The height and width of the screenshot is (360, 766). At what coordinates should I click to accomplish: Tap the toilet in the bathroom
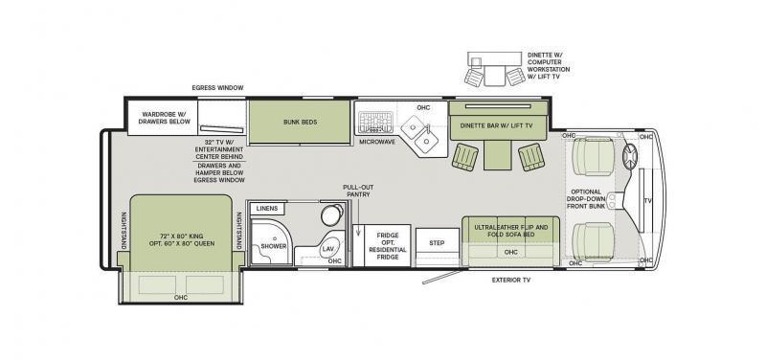[x=332, y=214]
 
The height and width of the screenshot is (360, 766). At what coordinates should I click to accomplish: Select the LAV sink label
[x=327, y=249]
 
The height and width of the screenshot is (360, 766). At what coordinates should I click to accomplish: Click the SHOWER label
[x=274, y=246]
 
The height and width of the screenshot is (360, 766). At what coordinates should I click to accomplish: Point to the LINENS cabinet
[x=267, y=209]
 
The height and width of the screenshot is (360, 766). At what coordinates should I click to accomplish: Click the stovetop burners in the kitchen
[x=375, y=123]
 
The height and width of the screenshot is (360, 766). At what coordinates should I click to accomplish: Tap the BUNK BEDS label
[x=301, y=122]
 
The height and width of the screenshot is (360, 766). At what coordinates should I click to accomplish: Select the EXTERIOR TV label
[x=511, y=281]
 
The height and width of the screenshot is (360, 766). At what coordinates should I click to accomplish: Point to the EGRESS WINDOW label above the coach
[x=217, y=88]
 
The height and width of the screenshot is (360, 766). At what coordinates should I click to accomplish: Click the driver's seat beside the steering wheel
[x=593, y=156]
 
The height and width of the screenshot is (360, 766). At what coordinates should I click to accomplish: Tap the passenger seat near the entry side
[x=593, y=242]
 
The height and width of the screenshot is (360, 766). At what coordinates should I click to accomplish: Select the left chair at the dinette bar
[x=464, y=157]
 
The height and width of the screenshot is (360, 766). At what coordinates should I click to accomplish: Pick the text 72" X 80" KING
[x=182, y=235]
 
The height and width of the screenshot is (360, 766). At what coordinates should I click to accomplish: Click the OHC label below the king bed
[x=181, y=297]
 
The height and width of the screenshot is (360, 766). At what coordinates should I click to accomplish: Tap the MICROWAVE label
[x=377, y=142]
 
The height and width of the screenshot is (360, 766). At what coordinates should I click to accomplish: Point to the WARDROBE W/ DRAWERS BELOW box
[x=163, y=118]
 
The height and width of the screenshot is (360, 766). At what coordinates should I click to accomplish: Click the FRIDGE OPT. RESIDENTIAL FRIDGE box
[x=388, y=246]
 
